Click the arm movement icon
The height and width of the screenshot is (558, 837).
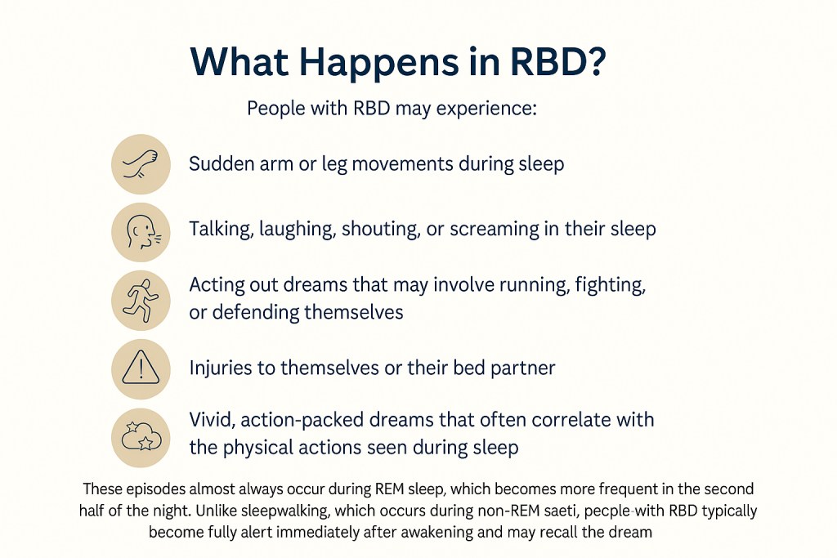(141, 163)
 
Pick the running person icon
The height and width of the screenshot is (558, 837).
(141, 301)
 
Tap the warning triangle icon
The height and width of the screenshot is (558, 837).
(141, 368)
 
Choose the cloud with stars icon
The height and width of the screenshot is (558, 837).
(141, 437)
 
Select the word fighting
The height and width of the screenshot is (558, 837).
(610, 285)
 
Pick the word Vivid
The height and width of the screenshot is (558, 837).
(212, 420)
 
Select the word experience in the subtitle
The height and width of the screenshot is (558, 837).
(486, 109)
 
